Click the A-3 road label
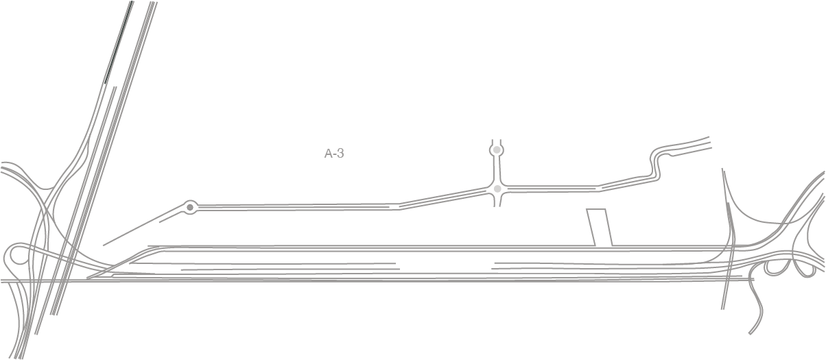pos(334,154)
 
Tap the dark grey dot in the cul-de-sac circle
pos(190,208)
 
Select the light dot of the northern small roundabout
pos(497,150)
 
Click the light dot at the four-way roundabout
pos(497,189)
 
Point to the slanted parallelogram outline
pos(600,228)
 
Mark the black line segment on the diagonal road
pos(119,43)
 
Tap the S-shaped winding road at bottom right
pos(756,306)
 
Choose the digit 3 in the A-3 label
pos(340,154)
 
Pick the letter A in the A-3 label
pos(328,154)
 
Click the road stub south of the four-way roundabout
pos(497,200)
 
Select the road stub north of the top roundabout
pos(497,142)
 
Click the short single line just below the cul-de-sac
pos(172,217)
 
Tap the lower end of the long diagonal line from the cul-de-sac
pos(103,245)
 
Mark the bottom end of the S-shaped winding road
pos(750,334)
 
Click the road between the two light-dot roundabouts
pos(497,169)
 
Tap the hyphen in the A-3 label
pos(335,155)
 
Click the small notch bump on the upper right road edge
pos(672,155)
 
